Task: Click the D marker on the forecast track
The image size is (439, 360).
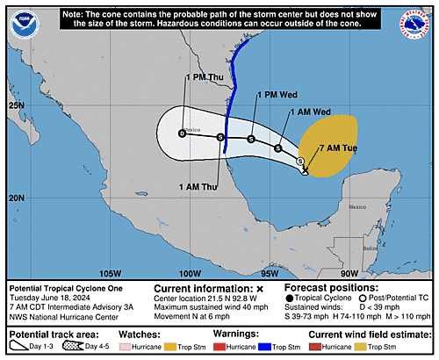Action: tap(182, 133)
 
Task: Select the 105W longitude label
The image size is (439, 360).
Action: tap(111, 272)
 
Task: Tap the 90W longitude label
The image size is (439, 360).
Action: tap(349, 272)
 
